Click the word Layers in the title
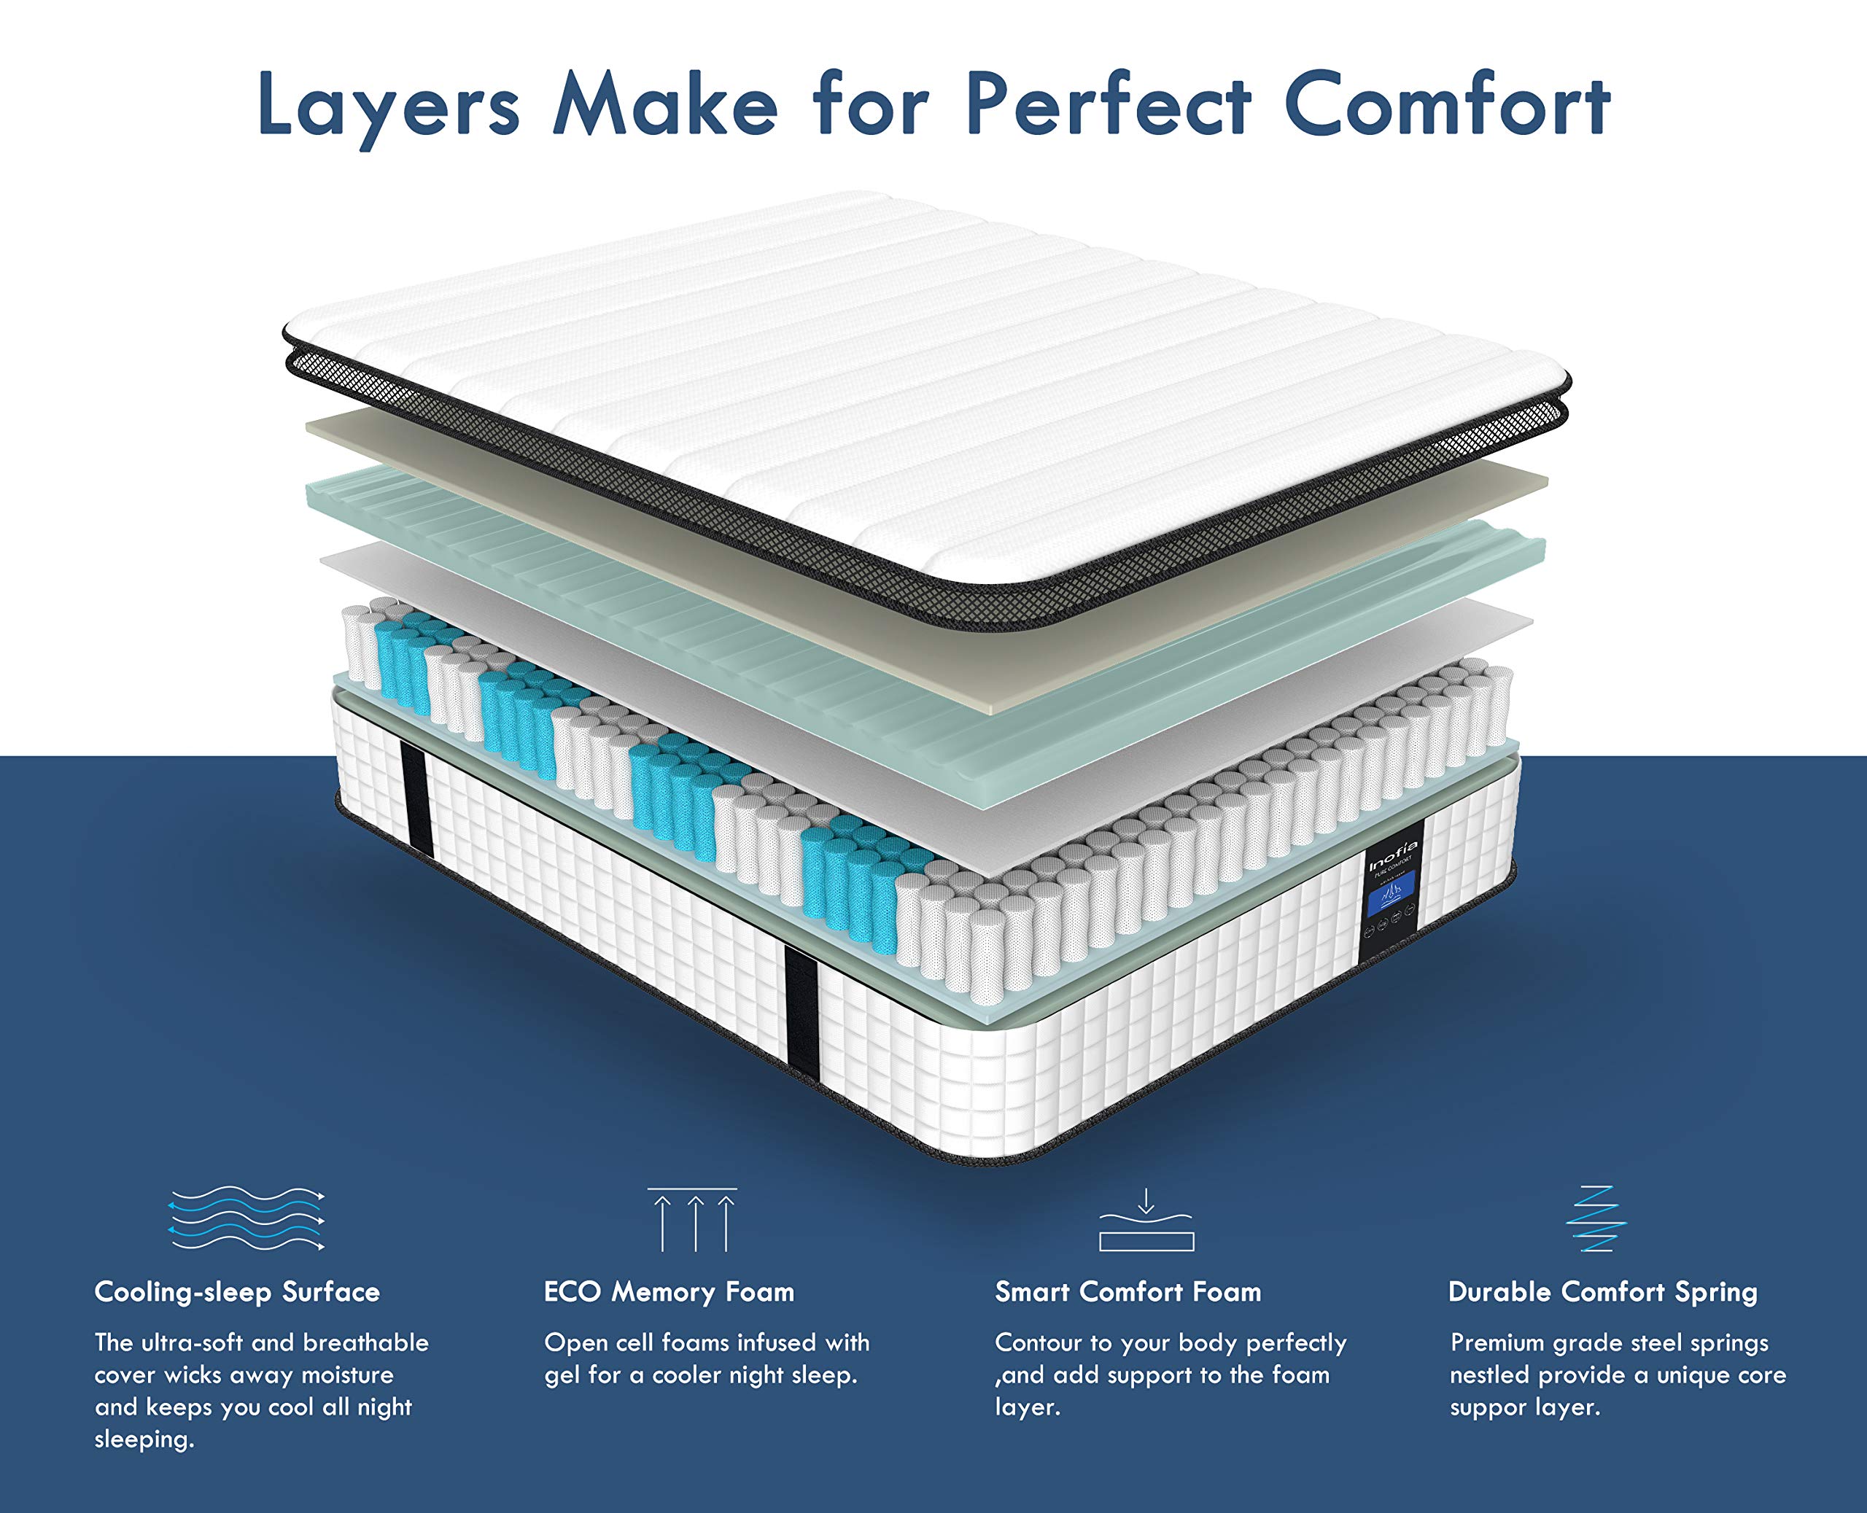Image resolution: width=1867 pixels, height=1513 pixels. click(x=389, y=106)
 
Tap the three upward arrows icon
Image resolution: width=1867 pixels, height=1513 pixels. click(x=693, y=1219)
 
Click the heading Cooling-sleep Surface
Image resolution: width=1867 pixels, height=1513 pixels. click(x=237, y=1291)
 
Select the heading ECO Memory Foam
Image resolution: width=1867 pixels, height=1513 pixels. click(x=669, y=1291)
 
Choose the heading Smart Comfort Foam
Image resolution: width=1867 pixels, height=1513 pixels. click(x=1128, y=1291)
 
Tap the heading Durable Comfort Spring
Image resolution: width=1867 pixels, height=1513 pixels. click(x=1602, y=1291)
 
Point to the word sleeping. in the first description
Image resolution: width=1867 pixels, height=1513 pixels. click(x=144, y=1440)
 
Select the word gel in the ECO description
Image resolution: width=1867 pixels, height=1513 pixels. click(x=562, y=1375)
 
